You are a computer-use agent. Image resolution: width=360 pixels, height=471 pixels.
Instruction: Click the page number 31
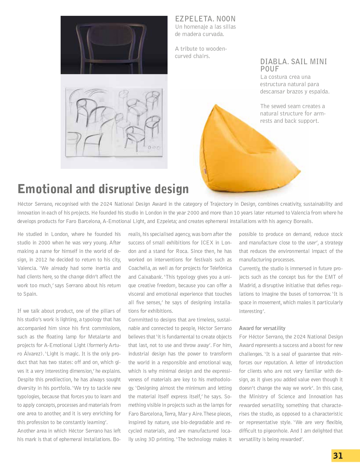point(338,456)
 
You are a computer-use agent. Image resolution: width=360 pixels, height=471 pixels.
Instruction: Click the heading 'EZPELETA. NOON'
point(205,19)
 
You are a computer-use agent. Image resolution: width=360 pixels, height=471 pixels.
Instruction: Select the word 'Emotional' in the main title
point(45,189)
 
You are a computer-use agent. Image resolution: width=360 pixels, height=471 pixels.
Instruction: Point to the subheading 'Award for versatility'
point(262,328)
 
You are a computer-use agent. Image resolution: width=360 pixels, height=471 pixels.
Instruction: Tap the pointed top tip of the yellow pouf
point(216,106)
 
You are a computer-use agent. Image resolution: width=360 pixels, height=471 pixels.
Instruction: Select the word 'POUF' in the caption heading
point(269,69)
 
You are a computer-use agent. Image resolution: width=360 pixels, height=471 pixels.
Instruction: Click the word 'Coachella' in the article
point(139,268)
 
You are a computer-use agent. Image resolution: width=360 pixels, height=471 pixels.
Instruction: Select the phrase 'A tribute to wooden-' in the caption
point(201,49)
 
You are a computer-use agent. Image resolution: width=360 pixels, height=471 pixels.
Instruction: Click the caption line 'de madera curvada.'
point(199,34)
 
